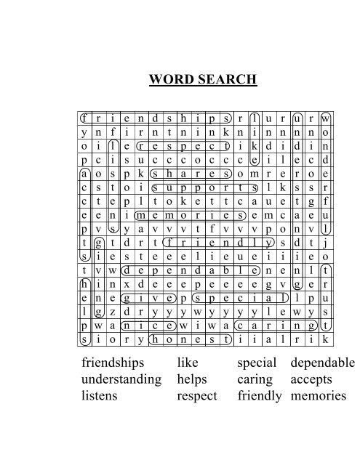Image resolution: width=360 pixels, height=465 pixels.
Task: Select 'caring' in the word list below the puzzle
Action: pyautogui.click(x=255, y=379)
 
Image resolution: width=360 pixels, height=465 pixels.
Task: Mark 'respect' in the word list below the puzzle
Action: pyautogui.click(x=199, y=397)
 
